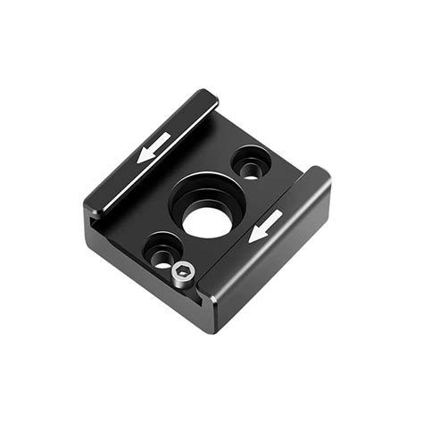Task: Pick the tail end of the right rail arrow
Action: point(281,215)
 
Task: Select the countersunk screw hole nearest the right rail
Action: point(251,166)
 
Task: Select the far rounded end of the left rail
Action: point(207,95)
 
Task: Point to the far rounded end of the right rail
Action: point(319,175)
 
